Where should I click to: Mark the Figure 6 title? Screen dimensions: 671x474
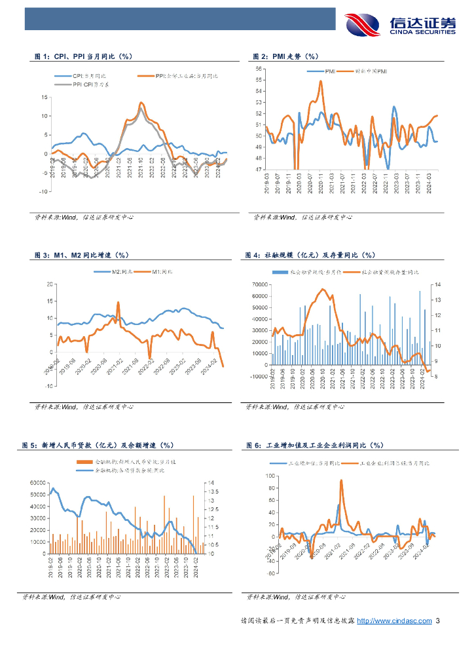click(x=314, y=446)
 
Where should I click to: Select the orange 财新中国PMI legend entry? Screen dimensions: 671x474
click(x=371, y=70)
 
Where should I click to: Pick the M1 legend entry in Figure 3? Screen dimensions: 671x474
click(x=161, y=271)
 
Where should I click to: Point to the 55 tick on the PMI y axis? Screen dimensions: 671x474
click(x=259, y=79)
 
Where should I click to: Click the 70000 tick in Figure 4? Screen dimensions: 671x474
click(x=260, y=284)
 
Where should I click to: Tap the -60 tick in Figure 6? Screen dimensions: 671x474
click(x=270, y=573)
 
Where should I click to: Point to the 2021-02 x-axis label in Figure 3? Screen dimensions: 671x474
click(x=117, y=362)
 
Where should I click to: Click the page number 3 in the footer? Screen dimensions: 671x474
click(x=437, y=621)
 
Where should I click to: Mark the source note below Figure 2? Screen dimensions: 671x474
click(x=302, y=217)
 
